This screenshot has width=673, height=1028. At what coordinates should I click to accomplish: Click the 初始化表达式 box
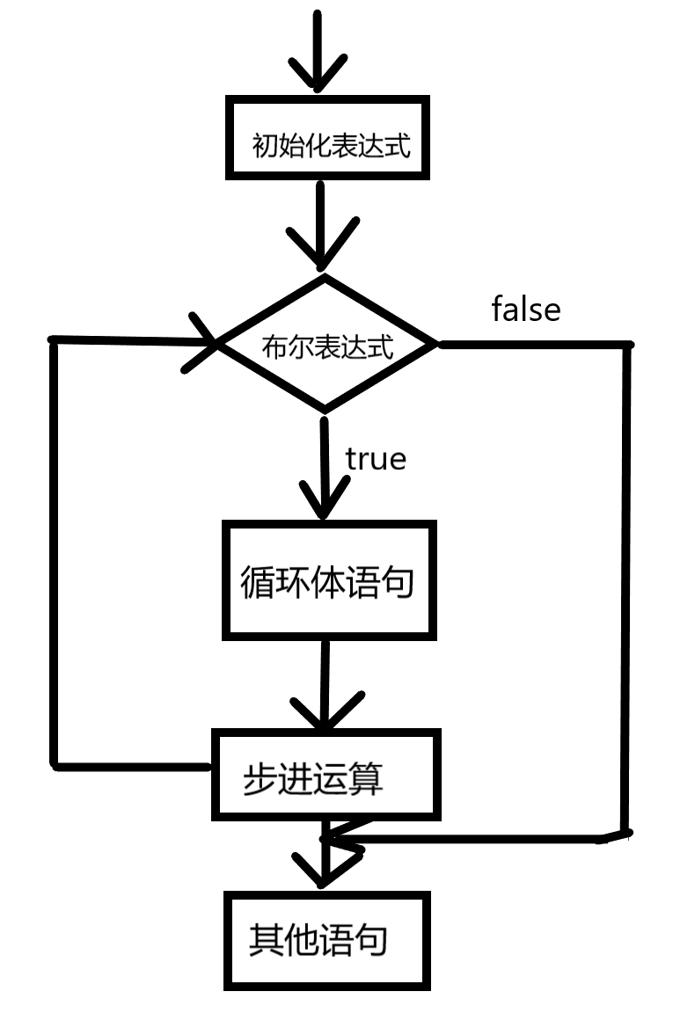(327, 140)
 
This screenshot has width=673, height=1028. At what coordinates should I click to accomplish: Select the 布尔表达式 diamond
(326, 344)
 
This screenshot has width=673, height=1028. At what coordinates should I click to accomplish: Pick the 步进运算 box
(326, 775)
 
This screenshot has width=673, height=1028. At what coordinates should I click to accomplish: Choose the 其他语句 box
(326, 940)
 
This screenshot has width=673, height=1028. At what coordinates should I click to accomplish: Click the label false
(525, 310)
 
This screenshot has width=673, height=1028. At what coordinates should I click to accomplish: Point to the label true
(376, 459)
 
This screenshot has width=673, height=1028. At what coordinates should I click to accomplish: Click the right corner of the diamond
(435, 344)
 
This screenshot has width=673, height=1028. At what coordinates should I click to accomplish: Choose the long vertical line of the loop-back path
(55, 554)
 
